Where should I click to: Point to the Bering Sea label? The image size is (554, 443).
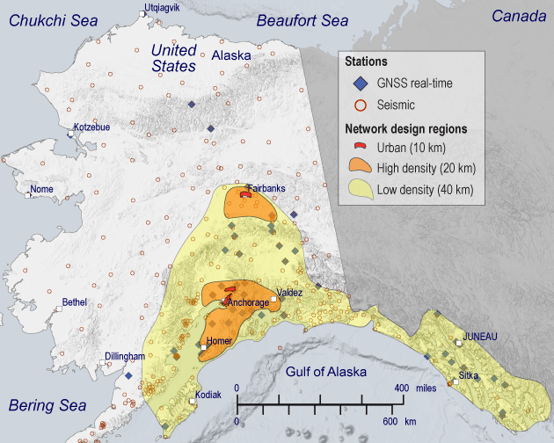point(47,405)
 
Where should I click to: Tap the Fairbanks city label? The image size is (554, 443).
point(266,188)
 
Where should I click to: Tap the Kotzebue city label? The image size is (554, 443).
point(91,127)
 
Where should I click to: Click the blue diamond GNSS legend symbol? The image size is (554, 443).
point(359,84)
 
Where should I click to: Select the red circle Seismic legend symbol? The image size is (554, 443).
point(359,105)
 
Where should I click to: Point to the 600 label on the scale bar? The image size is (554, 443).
point(391,421)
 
